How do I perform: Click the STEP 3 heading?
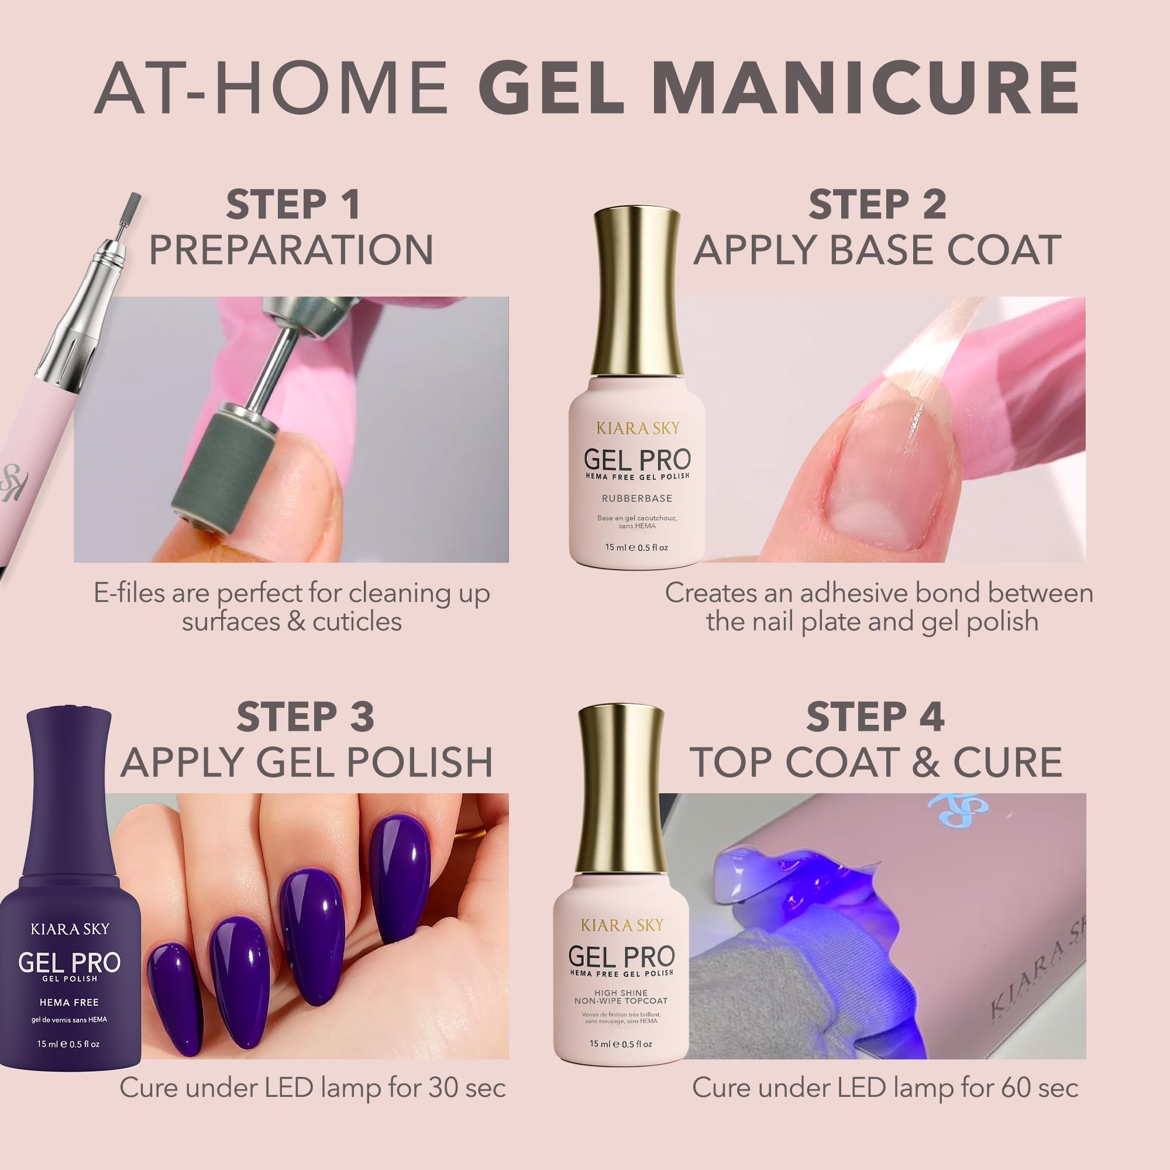[x=305, y=717]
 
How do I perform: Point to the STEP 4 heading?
[x=875, y=717]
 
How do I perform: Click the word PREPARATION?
[x=291, y=250]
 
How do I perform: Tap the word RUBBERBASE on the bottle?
[x=637, y=498]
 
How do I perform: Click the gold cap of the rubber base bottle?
[x=637, y=291]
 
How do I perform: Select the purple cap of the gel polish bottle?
[x=68, y=787]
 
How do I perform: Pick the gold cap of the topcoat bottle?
[x=621, y=787]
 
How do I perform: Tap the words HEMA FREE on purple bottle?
[x=69, y=1002]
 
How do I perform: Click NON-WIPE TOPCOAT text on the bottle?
[x=621, y=1001]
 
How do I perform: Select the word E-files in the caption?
[x=129, y=593]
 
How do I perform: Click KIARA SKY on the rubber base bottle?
[x=638, y=429]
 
